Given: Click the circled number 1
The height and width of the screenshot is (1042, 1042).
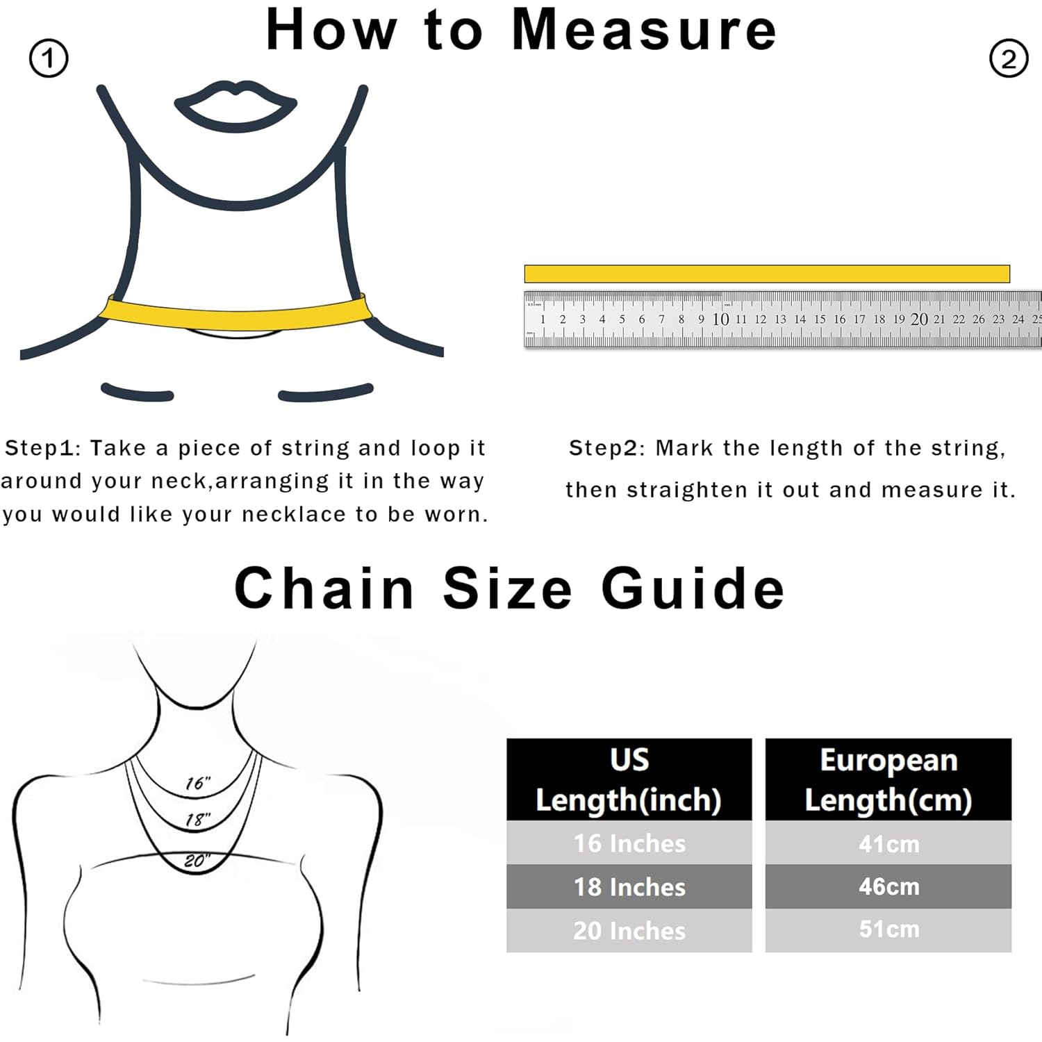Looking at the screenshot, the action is (x=49, y=58).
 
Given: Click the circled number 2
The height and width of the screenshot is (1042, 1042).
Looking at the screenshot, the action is (x=1008, y=58).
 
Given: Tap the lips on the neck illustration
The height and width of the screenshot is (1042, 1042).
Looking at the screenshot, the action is (x=235, y=106).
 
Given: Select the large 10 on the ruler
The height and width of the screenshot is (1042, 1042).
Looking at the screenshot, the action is (x=721, y=319).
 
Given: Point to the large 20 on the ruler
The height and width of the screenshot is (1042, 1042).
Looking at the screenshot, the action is (x=919, y=319).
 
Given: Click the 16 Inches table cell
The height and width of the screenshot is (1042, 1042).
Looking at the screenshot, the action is (x=629, y=843).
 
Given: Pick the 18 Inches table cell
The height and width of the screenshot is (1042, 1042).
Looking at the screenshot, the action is (x=629, y=886).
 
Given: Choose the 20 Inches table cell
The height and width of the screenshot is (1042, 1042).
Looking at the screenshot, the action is (x=629, y=930).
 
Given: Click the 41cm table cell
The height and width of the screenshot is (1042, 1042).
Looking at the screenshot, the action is (x=888, y=843).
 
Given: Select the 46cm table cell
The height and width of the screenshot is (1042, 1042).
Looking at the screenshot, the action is (x=888, y=886).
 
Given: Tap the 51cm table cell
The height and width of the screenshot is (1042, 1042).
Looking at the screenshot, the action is (x=888, y=930).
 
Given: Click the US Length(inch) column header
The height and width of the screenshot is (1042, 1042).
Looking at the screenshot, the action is (x=629, y=779).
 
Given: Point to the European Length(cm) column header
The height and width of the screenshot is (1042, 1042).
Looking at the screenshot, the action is (x=888, y=779).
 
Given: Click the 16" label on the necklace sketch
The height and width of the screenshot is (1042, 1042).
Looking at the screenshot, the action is (x=198, y=783).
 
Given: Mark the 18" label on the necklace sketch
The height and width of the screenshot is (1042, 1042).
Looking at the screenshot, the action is (x=198, y=820).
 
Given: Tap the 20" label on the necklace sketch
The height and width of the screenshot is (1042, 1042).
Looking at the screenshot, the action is (x=197, y=861).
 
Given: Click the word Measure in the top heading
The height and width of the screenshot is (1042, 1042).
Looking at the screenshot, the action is (x=644, y=30).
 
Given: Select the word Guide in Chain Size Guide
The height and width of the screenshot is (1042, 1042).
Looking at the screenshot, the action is (x=693, y=588).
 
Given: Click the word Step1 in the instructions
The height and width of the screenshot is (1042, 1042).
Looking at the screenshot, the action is (x=39, y=449).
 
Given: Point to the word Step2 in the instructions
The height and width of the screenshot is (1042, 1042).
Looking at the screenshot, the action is (x=603, y=449).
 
